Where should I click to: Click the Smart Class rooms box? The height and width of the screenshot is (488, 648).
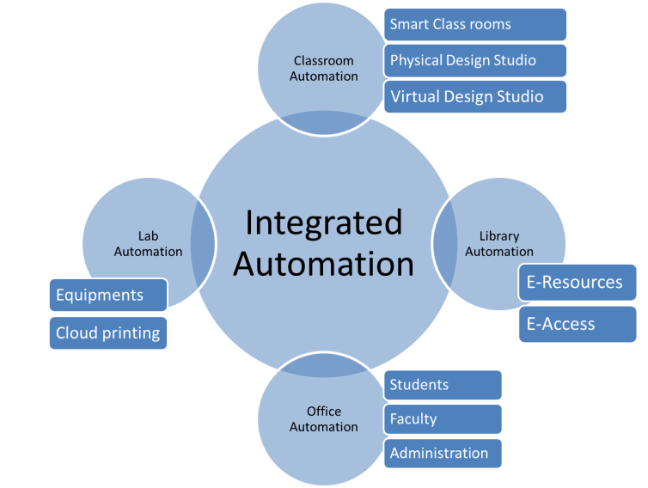tap(475, 24)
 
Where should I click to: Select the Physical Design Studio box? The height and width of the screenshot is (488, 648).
tap(475, 60)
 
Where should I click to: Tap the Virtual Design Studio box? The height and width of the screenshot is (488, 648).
tap(475, 96)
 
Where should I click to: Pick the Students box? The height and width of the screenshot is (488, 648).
tap(443, 385)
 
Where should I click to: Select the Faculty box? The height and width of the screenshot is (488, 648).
tap(443, 419)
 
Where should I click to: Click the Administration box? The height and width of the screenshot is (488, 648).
tap(443, 453)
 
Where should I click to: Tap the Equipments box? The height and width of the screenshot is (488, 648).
tap(108, 296)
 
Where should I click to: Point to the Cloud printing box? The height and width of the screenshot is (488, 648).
tap(108, 332)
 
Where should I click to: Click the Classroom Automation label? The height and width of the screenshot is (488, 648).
tap(323, 69)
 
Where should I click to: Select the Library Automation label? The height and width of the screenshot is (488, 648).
tap(499, 244)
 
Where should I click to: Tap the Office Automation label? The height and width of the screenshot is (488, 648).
tap(323, 419)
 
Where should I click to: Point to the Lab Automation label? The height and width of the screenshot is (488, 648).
tap(148, 244)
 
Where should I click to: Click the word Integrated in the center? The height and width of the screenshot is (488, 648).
tap(323, 223)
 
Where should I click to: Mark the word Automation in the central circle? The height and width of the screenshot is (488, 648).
tap(323, 264)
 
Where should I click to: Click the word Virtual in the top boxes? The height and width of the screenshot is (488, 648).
tap(414, 96)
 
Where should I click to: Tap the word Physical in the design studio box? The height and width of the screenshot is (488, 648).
tap(418, 60)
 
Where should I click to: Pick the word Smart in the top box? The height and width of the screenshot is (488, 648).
tap(409, 24)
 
